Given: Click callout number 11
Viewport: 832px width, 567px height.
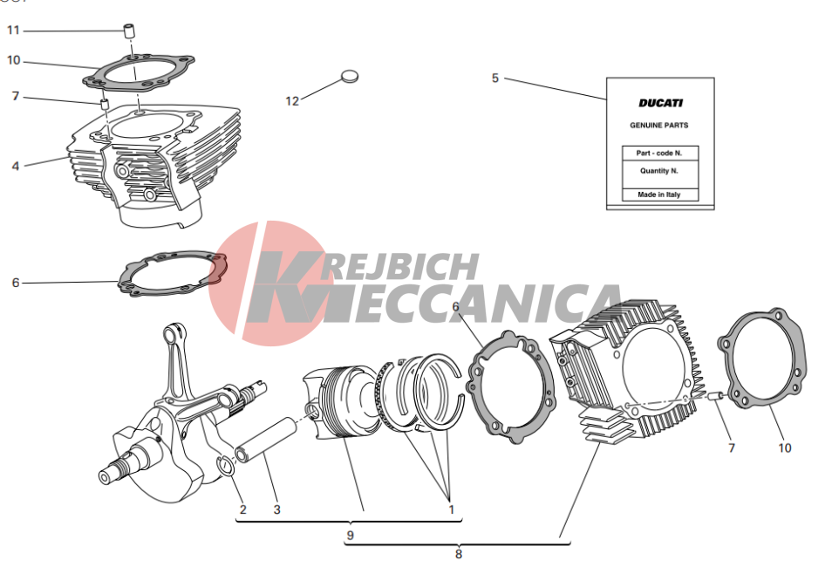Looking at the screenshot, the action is point(13,31).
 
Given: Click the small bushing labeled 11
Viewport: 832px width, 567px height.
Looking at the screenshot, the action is point(129,31).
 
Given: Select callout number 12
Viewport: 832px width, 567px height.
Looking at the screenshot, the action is point(292,101).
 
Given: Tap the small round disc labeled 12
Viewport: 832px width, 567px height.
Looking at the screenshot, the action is point(349,76).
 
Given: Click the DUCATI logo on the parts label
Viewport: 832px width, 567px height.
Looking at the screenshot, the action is point(660,103).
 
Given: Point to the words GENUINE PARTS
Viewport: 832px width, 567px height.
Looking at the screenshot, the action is point(659,126).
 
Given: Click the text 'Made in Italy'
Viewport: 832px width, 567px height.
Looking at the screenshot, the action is point(659,195).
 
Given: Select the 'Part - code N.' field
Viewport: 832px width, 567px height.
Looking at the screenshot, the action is point(659,153).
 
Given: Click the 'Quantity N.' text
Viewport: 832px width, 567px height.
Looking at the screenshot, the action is point(659,171).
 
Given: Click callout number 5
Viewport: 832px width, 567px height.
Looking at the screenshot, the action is point(495,78).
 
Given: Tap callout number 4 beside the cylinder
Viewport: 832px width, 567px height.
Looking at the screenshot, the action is point(16,166).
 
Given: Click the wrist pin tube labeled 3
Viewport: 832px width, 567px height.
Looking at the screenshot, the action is point(266,440).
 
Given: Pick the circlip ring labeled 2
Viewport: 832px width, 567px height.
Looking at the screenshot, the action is point(227,466).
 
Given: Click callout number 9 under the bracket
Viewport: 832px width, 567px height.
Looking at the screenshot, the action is point(351,535).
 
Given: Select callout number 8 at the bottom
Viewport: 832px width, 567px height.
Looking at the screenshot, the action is point(459,554).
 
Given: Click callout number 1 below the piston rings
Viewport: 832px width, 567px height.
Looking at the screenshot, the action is point(452,509).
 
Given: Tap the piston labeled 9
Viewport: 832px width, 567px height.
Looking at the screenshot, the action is point(341,402).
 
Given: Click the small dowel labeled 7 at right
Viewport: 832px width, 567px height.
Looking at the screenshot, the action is point(717,395).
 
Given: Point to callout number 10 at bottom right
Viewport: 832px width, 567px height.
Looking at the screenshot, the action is point(785,448).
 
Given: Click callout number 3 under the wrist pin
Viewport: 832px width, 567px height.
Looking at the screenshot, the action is point(276,509).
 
